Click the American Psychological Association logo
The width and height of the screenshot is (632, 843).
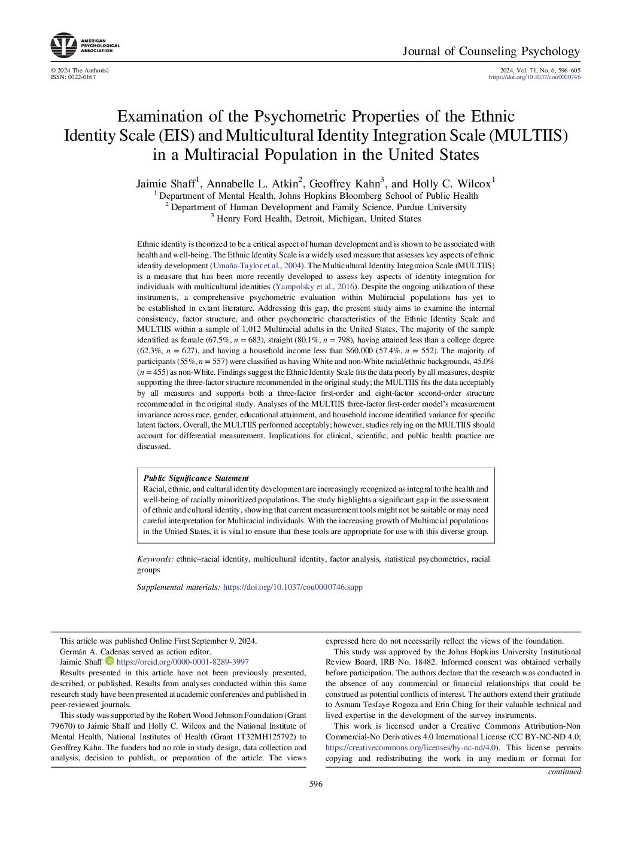coord(64,46)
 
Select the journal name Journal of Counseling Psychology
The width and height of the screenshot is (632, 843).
coord(491,51)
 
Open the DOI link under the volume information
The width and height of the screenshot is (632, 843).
coord(534,77)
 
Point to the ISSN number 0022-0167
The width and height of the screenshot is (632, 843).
coord(81,77)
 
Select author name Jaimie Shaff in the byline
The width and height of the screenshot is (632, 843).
coord(166,184)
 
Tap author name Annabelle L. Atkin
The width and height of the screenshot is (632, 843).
coord(252,184)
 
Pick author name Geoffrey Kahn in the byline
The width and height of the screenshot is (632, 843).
coord(344,184)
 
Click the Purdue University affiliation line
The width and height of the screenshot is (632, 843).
coord(318,207)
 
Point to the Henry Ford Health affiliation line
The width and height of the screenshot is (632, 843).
coord(318,219)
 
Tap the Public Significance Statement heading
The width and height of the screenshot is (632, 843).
coord(196,478)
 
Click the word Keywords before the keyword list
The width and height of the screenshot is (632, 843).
coord(155,559)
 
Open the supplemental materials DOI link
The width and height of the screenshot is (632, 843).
coord(293,587)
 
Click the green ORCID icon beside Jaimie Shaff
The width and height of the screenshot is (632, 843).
coord(110,661)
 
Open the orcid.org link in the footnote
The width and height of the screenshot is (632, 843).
coord(183,662)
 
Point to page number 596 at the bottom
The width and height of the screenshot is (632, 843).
coord(315,784)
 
